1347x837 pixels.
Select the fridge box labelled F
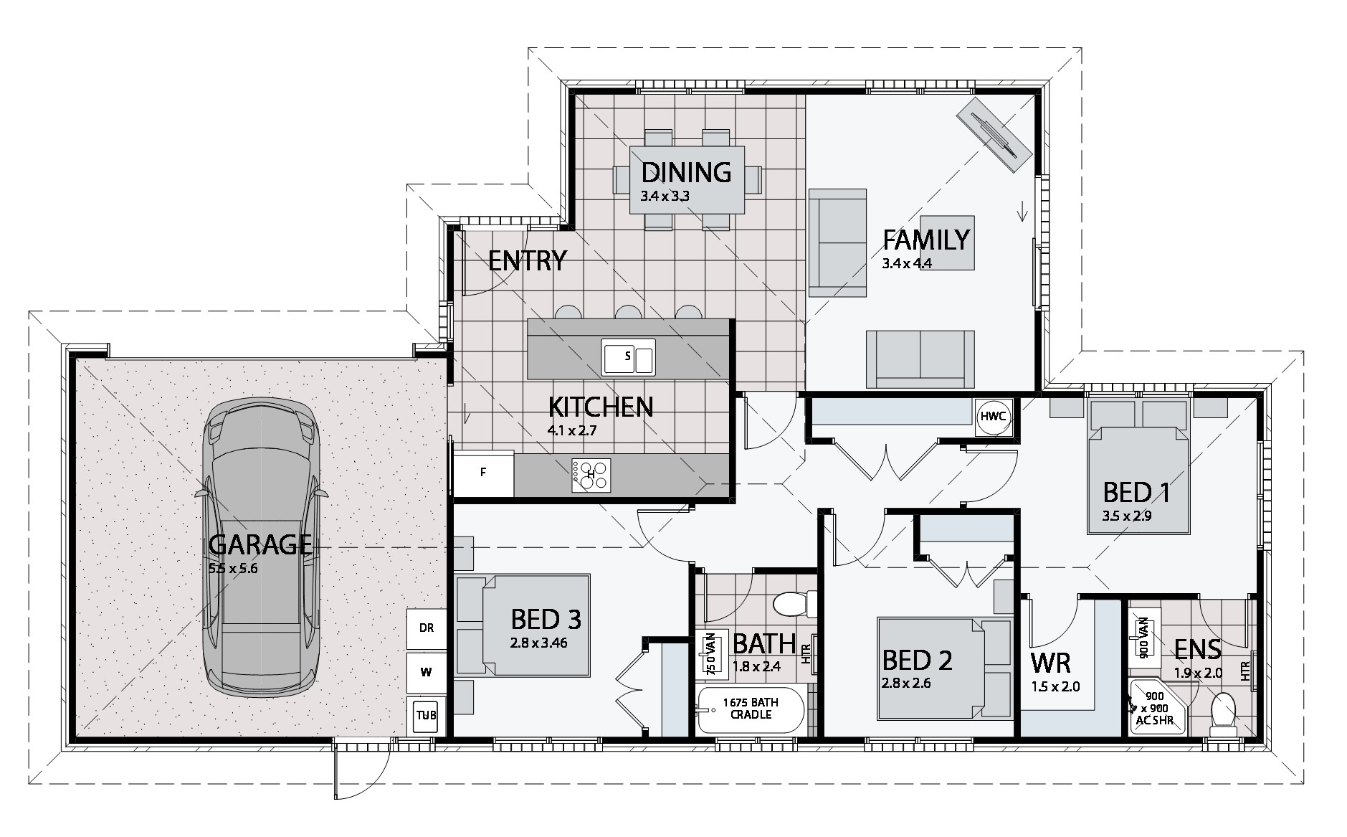click(x=484, y=473)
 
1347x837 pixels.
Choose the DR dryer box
click(x=426, y=628)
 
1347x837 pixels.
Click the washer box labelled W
click(x=426, y=672)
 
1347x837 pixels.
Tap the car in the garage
click(x=262, y=547)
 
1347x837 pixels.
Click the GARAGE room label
click(x=261, y=545)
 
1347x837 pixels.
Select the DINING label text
click(x=686, y=173)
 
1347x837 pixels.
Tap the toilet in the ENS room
click(x=1222, y=714)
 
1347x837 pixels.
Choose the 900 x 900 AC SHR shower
click(x=1153, y=708)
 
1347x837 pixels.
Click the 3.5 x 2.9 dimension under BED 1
click(x=1126, y=515)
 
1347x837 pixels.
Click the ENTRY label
click(x=528, y=260)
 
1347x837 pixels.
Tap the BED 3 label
click(x=546, y=619)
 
